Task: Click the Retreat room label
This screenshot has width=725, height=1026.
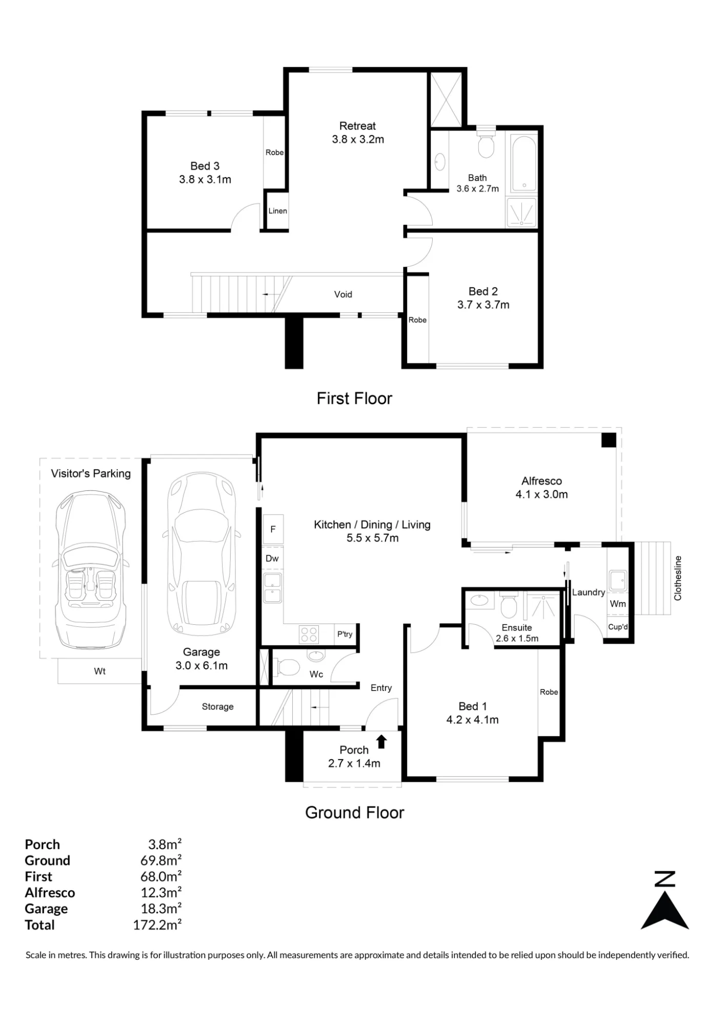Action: (357, 126)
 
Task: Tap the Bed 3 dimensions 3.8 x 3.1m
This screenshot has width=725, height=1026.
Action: (205, 180)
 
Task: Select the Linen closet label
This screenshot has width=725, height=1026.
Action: (277, 211)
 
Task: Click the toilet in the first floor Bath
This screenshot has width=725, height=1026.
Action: (486, 144)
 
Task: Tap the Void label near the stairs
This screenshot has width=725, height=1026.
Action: (343, 294)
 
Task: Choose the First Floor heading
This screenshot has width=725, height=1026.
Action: (354, 399)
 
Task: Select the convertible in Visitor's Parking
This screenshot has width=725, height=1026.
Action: (91, 569)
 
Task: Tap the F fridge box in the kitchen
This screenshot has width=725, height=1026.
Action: (273, 529)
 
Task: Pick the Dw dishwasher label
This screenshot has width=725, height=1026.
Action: (272, 558)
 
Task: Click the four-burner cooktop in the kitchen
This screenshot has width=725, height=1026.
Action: (309, 635)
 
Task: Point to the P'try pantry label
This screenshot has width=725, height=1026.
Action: (345, 634)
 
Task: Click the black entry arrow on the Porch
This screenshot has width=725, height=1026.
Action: (381, 742)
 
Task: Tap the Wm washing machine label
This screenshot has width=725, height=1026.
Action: (618, 604)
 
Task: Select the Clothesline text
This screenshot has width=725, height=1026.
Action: (678, 578)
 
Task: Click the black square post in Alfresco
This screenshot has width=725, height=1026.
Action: (609, 440)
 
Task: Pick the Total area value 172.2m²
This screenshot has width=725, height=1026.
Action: (157, 925)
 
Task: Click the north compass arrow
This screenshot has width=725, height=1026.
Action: (664, 911)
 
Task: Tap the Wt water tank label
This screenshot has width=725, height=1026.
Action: (99, 671)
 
